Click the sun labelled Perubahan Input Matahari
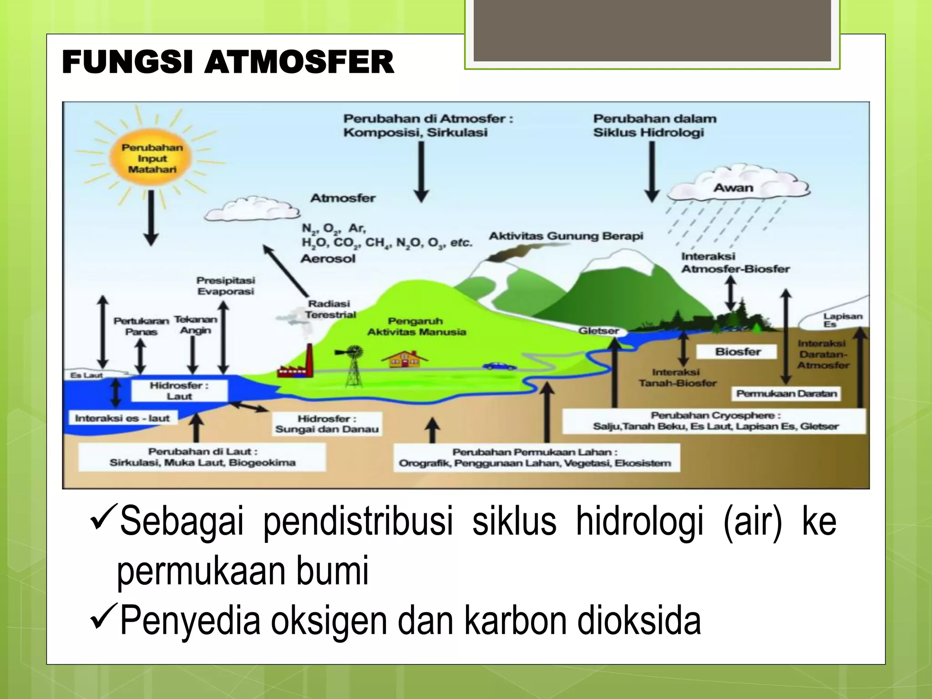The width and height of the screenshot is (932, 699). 152,158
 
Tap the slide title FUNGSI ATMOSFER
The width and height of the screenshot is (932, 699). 228,62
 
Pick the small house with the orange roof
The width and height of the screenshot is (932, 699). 405,359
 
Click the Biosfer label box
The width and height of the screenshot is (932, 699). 738,352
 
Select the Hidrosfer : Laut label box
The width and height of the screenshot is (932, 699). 179,391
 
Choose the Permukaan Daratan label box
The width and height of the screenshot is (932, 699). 786,394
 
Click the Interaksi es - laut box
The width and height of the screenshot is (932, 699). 122,418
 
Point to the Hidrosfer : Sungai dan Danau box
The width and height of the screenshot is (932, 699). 327,424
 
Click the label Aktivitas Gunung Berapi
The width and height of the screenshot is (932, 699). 566,236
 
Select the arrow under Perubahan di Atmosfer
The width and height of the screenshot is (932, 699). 421,172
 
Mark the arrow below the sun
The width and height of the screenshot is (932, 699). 151,218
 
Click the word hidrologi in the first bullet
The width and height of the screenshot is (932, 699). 639,522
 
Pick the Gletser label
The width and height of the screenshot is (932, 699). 598,331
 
